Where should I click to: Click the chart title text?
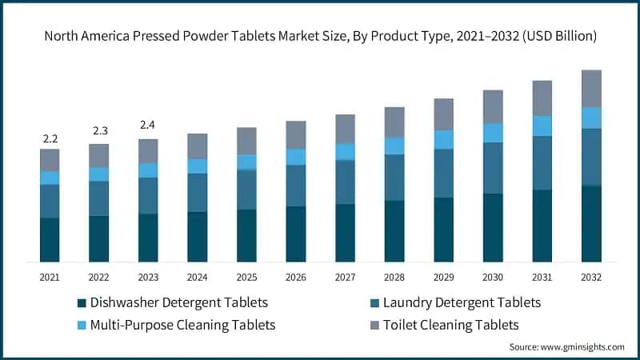coord(320,36)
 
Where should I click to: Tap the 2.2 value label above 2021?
coord(50,139)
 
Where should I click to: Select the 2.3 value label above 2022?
coord(99,130)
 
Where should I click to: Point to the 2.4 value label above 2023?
coord(148,125)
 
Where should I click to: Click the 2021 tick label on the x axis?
coord(50,277)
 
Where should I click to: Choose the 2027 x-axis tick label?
coord(345,277)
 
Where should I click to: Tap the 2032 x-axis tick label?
coord(591,277)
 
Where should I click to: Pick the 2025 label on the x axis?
coord(246,277)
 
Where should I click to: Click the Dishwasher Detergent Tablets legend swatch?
coord(81,303)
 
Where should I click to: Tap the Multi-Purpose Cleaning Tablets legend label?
coord(183,325)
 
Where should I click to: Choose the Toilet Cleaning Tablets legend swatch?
coord(376,326)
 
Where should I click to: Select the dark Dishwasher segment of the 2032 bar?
coord(591,224)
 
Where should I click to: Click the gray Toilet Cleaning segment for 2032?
coord(591,88)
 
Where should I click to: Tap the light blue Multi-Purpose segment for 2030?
coord(493,133)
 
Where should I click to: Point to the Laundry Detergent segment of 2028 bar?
coord(394,177)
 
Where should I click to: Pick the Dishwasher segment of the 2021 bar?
coord(50,240)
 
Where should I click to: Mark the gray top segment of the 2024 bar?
coord(197,146)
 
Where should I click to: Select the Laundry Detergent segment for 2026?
coord(296,186)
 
